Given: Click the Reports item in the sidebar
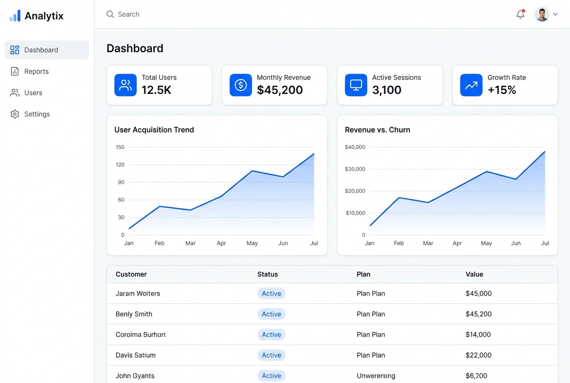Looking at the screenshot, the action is (36, 71).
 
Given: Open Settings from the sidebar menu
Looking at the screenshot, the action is (37, 114).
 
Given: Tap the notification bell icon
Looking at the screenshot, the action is (520, 14).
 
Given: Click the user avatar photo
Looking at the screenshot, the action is (542, 14).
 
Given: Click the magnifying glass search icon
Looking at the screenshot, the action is (110, 14).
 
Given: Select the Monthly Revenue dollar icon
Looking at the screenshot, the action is (240, 85).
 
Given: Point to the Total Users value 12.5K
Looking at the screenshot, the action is (156, 90).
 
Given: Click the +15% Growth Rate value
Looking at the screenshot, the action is (502, 90).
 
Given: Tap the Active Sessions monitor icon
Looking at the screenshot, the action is (356, 85).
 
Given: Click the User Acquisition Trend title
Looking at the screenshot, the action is (154, 130).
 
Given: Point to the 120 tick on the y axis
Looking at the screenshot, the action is (120, 164).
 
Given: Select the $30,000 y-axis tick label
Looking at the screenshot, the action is (355, 169).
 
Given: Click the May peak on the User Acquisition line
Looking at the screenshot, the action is (252, 171).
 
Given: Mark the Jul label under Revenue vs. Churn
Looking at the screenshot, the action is (545, 243).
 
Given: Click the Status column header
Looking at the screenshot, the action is (267, 274).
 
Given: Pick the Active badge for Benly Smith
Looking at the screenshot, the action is (271, 314).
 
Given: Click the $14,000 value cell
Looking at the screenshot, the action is (478, 334).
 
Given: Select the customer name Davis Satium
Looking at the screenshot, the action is (135, 355).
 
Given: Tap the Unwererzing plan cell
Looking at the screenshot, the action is (376, 376).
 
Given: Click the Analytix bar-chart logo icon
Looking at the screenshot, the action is (15, 16).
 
